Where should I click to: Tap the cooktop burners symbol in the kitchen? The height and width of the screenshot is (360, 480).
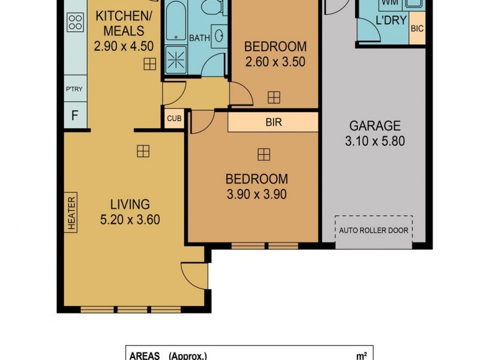tap(76, 23)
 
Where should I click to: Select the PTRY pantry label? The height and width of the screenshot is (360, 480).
tap(74, 89)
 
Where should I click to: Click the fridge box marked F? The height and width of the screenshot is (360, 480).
tap(75, 115)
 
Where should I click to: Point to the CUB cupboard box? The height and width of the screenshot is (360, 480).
tap(174, 119)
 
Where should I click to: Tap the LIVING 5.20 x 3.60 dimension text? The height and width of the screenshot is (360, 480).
tap(130, 220)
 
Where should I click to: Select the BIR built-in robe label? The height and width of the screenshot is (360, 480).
tap(274, 122)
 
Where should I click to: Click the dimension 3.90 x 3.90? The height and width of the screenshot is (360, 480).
tap(256, 194)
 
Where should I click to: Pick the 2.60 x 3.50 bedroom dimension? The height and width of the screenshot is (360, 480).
tap(275, 61)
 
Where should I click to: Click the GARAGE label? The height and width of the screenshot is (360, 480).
tap(375, 126)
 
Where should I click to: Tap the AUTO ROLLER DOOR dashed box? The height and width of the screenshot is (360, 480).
tap(374, 230)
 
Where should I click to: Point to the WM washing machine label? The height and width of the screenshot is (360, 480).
tap(390, 4)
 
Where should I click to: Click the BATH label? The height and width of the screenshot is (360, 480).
tap(199, 38)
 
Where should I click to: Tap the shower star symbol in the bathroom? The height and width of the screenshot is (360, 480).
tap(177, 59)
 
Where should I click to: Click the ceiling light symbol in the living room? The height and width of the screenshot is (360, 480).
tap(143, 151)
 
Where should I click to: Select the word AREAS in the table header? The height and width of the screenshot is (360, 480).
tap(145, 356)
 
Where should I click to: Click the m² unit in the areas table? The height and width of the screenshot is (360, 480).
tap(362, 356)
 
